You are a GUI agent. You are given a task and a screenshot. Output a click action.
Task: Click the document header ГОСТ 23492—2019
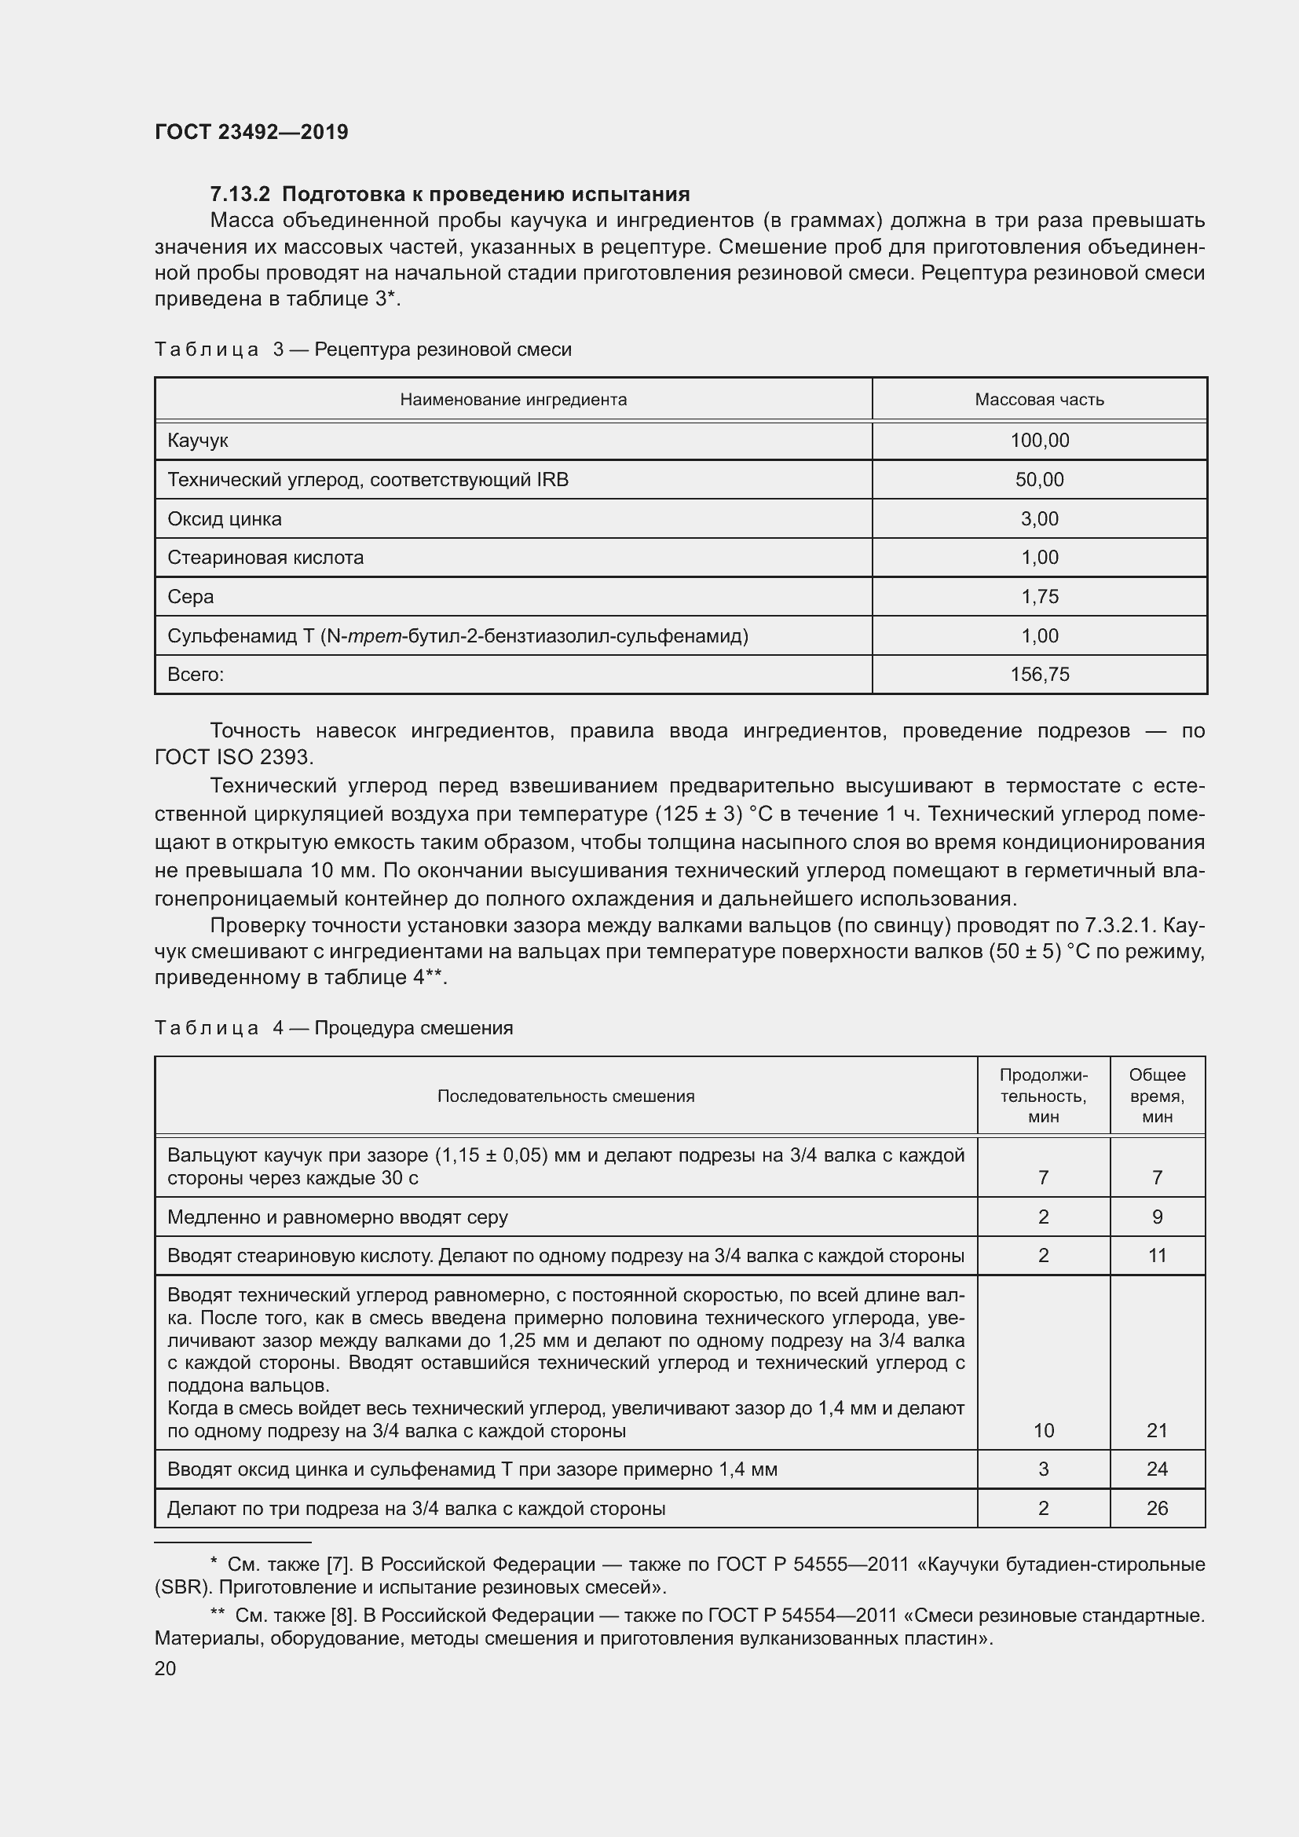pyautogui.click(x=251, y=132)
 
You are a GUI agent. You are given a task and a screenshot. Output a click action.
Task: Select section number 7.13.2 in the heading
pyautogui.click(x=240, y=195)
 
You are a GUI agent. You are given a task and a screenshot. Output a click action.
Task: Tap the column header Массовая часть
pyautogui.click(x=1039, y=399)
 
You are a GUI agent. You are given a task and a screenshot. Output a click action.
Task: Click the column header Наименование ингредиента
pyautogui.click(x=513, y=399)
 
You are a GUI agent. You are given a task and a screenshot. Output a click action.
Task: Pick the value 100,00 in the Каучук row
pyautogui.click(x=1039, y=441)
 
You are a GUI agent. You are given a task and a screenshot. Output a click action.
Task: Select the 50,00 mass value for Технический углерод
pyautogui.click(x=1039, y=480)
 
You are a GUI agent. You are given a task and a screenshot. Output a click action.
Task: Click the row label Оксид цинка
pyautogui.click(x=225, y=519)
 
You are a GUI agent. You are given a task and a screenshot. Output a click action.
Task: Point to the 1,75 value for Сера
pyautogui.click(x=1039, y=597)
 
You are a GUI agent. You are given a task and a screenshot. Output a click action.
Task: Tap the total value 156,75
pyautogui.click(x=1039, y=675)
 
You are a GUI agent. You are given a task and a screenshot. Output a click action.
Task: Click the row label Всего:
pyautogui.click(x=196, y=675)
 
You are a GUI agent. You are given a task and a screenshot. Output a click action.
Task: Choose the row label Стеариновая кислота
pyautogui.click(x=265, y=558)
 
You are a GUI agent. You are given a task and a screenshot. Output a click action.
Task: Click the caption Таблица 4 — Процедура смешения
pyautogui.click(x=334, y=1028)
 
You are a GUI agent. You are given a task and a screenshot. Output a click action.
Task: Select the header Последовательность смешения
pyautogui.click(x=565, y=1096)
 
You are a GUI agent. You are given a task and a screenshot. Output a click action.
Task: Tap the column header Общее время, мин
pyautogui.click(x=1157, y=1096)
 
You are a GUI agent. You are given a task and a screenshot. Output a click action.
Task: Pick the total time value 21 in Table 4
pyautogui.click(x=1157, y=1430)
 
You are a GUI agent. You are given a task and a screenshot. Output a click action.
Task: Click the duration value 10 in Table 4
pyautogui.click(x=1043, y=1430)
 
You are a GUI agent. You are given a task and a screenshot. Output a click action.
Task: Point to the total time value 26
pyautogui.click(x=1157, y=1508)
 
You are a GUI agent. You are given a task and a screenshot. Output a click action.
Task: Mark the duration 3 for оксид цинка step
pyautogui.click(x=1043, y=1469)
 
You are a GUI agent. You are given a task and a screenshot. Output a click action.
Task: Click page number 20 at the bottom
pyautogui.click(x=166, y=1668)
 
